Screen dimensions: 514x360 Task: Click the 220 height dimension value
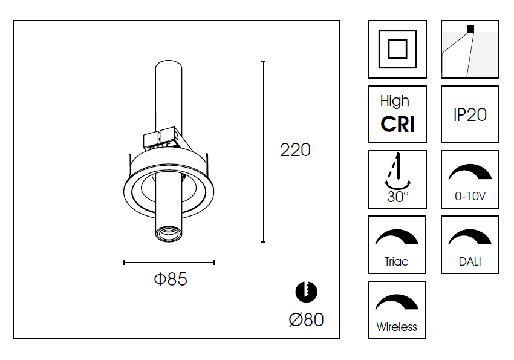[x=295, y=150]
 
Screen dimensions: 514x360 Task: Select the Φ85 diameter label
[x=171, y=279]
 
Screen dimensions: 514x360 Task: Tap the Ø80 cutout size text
[x=306, y=319]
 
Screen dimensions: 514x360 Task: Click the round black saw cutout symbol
[x=306, y=292]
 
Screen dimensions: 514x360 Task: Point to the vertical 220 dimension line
[x=263, y=151]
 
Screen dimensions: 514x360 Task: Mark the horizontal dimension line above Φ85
[x=169, y=263]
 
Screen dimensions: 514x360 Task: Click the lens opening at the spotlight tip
[x=169, y=233]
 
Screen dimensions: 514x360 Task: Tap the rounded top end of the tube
[x=169, y=64]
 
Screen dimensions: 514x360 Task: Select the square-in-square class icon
[x=398, y=49]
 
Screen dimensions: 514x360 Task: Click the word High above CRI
[x=395, y=101]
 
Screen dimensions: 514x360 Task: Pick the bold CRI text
[x=398, y=124]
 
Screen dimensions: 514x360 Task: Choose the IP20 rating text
[x=470, y=115]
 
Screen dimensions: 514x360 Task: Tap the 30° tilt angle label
[x=398, y=197]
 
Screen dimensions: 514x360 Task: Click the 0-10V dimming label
[x=470, y=196]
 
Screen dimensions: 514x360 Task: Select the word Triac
[x=396, y=261]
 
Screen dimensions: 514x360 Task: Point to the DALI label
[x=470, y=261]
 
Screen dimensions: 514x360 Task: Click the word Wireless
[x=397, y=327]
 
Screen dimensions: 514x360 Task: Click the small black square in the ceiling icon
[x=470, y=29]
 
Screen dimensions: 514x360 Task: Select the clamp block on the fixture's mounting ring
[x=160, y=138]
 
